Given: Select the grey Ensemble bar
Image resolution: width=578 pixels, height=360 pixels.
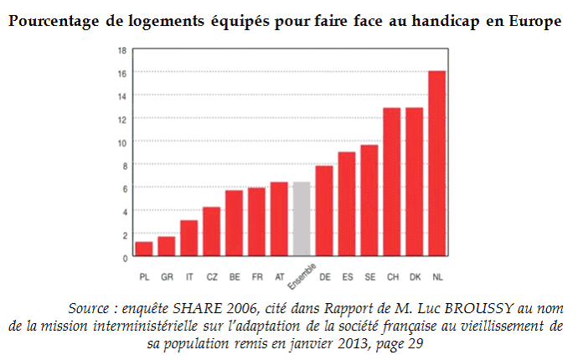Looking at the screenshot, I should [302, 219].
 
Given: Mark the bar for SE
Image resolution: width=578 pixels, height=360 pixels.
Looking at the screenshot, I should [369, 200].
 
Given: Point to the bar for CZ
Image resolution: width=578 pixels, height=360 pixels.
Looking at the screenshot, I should [212, 231].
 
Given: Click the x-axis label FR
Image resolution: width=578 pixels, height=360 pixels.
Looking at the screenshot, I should [257, 276].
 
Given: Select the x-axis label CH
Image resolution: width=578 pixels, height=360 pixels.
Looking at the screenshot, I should [392, 276].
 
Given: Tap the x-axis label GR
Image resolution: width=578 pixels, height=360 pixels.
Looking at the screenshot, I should [167, 276].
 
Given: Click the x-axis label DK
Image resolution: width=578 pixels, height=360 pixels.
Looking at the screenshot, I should [415, 276].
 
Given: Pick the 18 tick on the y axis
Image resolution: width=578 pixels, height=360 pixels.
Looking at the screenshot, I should [122, 50].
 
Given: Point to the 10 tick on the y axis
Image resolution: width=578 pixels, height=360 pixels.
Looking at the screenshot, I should [122, 142].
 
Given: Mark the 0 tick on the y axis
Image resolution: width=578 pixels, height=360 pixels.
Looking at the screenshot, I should [124, 257].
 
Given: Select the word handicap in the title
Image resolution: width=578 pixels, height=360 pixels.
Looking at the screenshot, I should [436, 21].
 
